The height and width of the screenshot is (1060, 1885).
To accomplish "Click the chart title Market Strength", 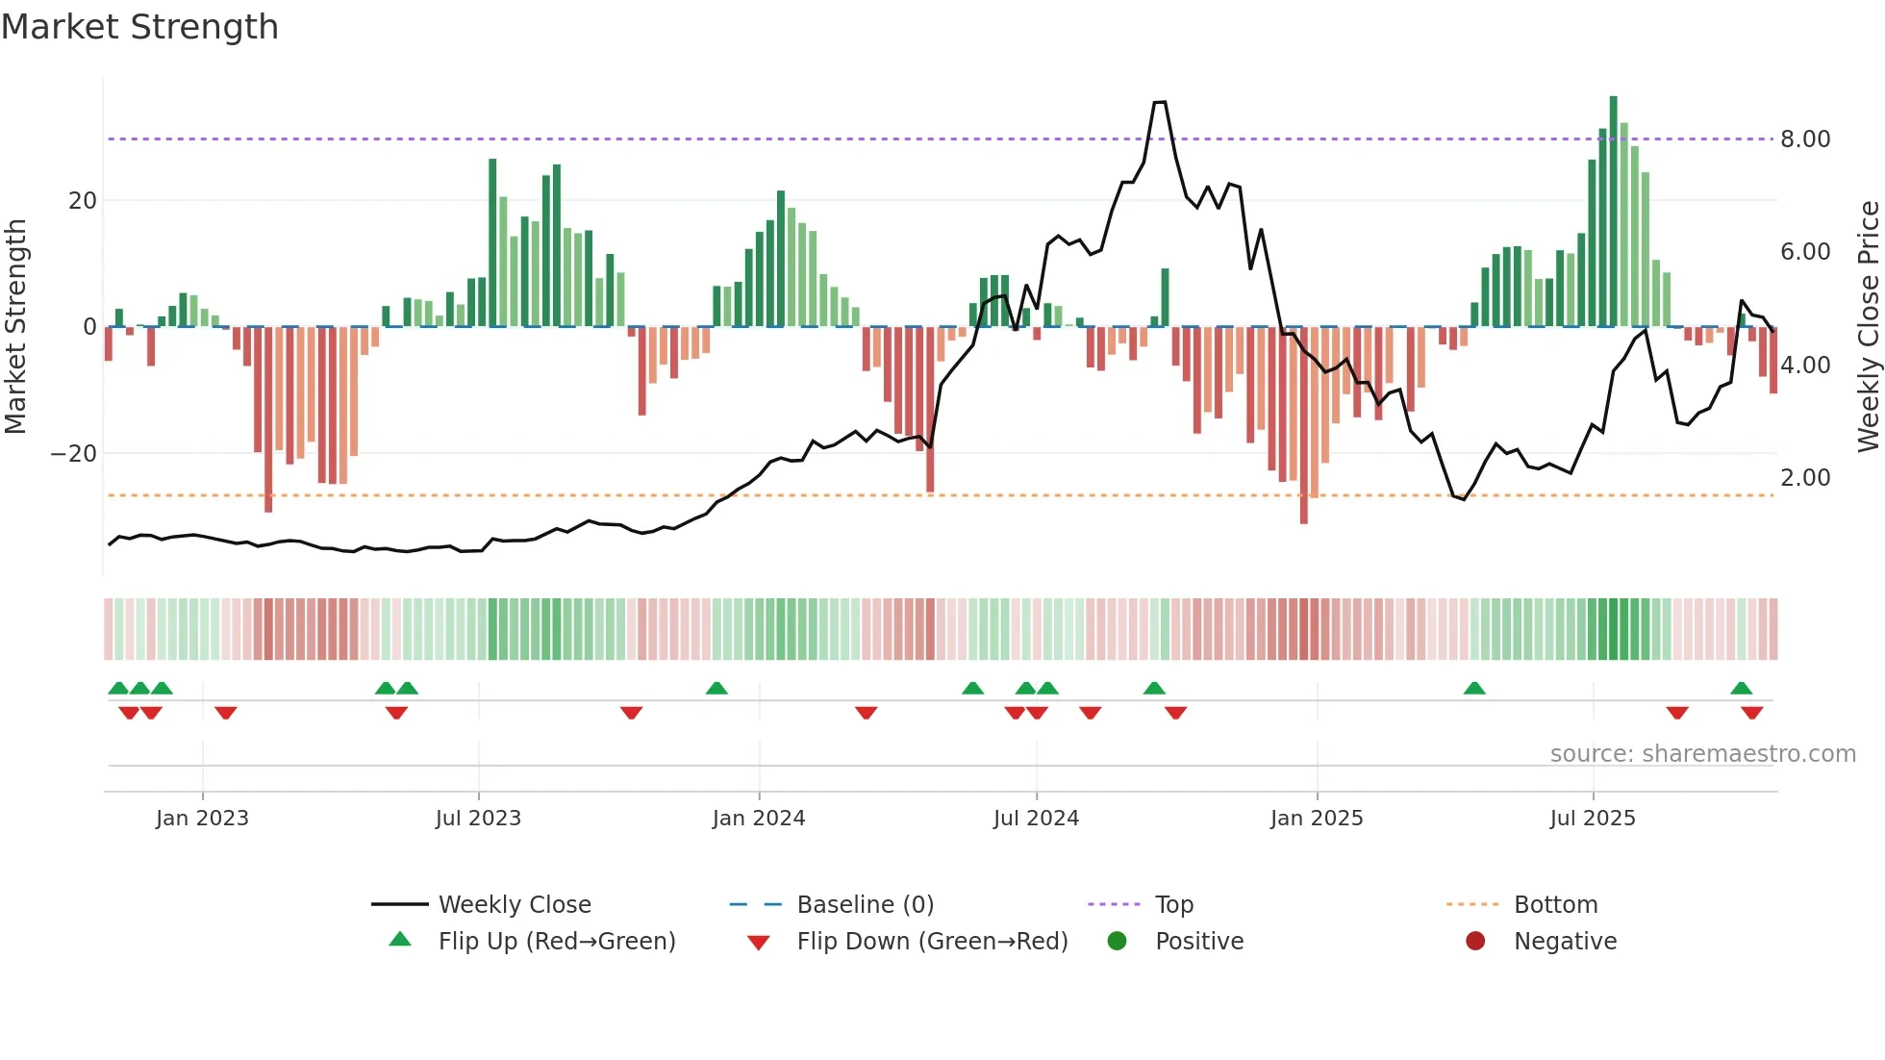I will [x=139, y=27].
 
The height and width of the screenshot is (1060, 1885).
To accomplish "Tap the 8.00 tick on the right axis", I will [x=1805, y=139].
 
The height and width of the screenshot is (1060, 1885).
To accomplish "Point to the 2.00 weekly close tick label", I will [x=1805, y=478].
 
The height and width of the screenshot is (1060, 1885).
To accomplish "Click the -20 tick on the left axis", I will [x=74, y=454].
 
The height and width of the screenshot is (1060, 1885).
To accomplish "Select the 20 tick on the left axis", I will [x=83, y=201].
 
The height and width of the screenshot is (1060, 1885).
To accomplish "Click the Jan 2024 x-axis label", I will [x=758, y=819].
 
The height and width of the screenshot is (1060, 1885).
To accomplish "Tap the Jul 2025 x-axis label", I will [x=1592, y=819].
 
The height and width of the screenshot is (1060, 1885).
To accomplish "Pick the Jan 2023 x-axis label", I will [x=202, y=819].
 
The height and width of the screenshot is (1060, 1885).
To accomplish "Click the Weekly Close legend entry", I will [x=515, y=905].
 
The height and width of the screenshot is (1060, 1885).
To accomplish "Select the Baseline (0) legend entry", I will [x=865, y=905].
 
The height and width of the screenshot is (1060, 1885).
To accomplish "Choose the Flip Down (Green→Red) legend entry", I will [x=932, y=942].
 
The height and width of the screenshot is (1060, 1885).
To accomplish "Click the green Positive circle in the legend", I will [x=1117, y=942].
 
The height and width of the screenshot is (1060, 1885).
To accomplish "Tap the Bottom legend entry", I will [x=1555, y=905].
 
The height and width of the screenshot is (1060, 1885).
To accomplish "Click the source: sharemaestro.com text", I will [x=1702, y=754].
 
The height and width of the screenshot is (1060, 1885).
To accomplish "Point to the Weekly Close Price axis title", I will [x=1868, y=327].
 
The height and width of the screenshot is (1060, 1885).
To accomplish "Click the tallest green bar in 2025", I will [x=1613, y=212].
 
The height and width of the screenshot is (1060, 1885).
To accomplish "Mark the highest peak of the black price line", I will [x=1160, y=102].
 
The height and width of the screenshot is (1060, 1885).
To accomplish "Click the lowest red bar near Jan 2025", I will [x=1303, y=425].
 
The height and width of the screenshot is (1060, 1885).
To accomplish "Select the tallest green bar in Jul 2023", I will [x=492, y=242].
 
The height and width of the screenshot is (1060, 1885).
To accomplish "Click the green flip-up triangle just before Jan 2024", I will [x=716, y=688].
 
